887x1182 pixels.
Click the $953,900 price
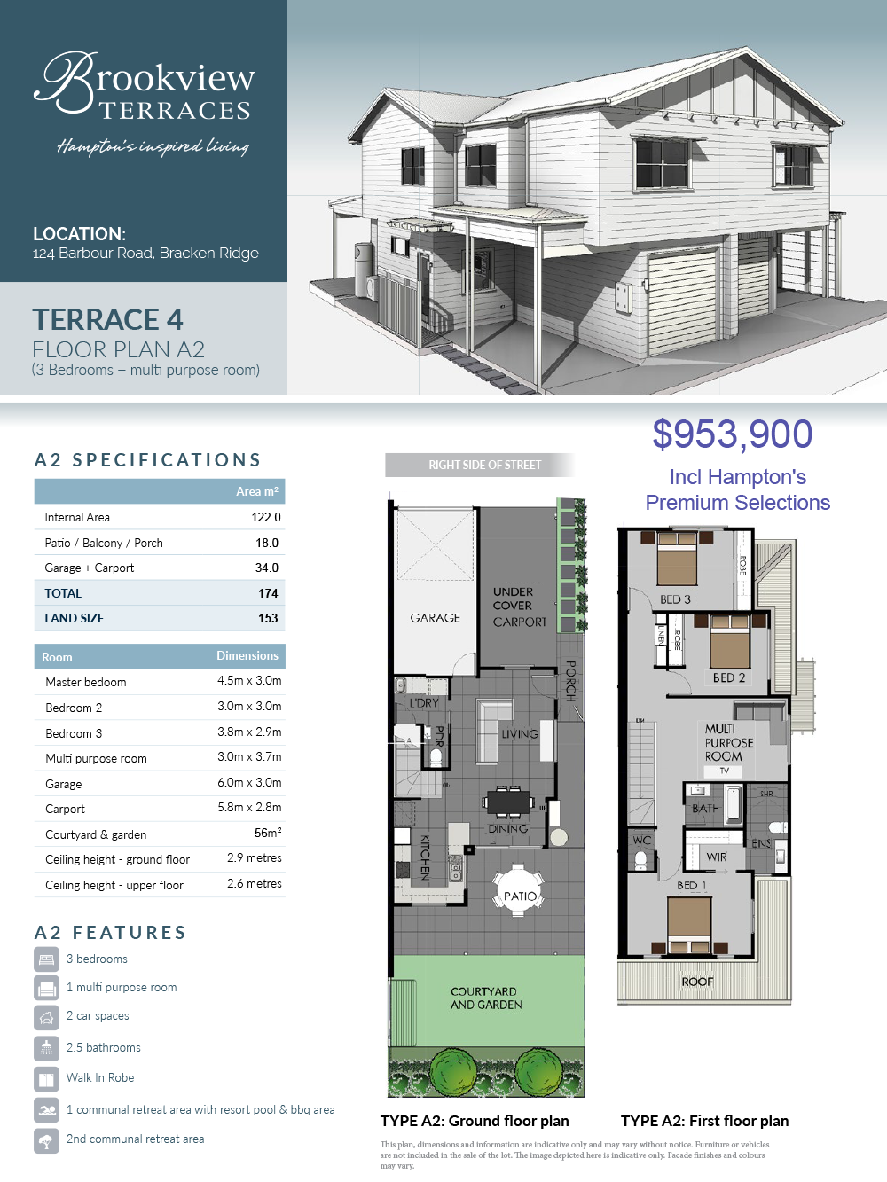point(733,434)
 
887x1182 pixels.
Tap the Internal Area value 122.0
point(265,517)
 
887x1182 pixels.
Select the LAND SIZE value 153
point(268,618)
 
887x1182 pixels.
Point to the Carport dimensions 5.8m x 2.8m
point(249,807)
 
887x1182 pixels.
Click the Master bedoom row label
point(86,682)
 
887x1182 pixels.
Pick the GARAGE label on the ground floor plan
point(436,618)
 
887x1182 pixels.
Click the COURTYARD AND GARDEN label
point(486,998)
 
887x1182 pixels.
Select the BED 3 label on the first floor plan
point(675,599)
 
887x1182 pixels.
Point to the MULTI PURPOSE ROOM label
point(728,742)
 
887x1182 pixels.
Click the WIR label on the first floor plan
point(716,857)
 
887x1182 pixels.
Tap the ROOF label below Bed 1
point(697,982)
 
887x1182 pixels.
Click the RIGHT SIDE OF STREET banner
point(480,465)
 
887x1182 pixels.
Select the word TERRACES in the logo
point(176,111)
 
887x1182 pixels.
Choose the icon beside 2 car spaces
point(46,1017)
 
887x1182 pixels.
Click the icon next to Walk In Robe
point(46,1078)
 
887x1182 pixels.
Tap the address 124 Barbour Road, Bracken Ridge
point(146,253)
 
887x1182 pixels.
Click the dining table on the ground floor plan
point(508,802)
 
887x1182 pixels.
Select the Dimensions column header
point(247,656)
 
